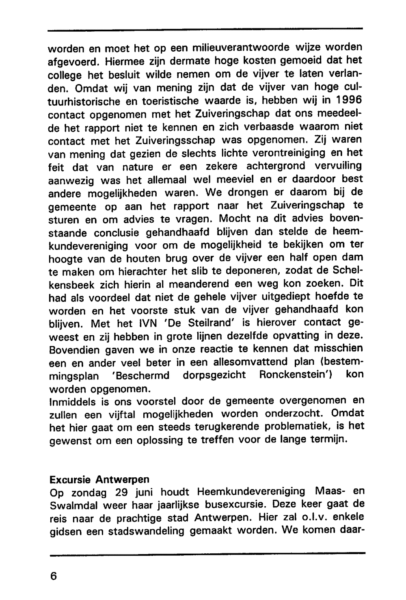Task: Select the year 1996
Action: (348, 100)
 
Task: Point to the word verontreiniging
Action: (287, 153)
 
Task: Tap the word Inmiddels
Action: (72, 402)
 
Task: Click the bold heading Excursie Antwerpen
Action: (99, 479)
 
